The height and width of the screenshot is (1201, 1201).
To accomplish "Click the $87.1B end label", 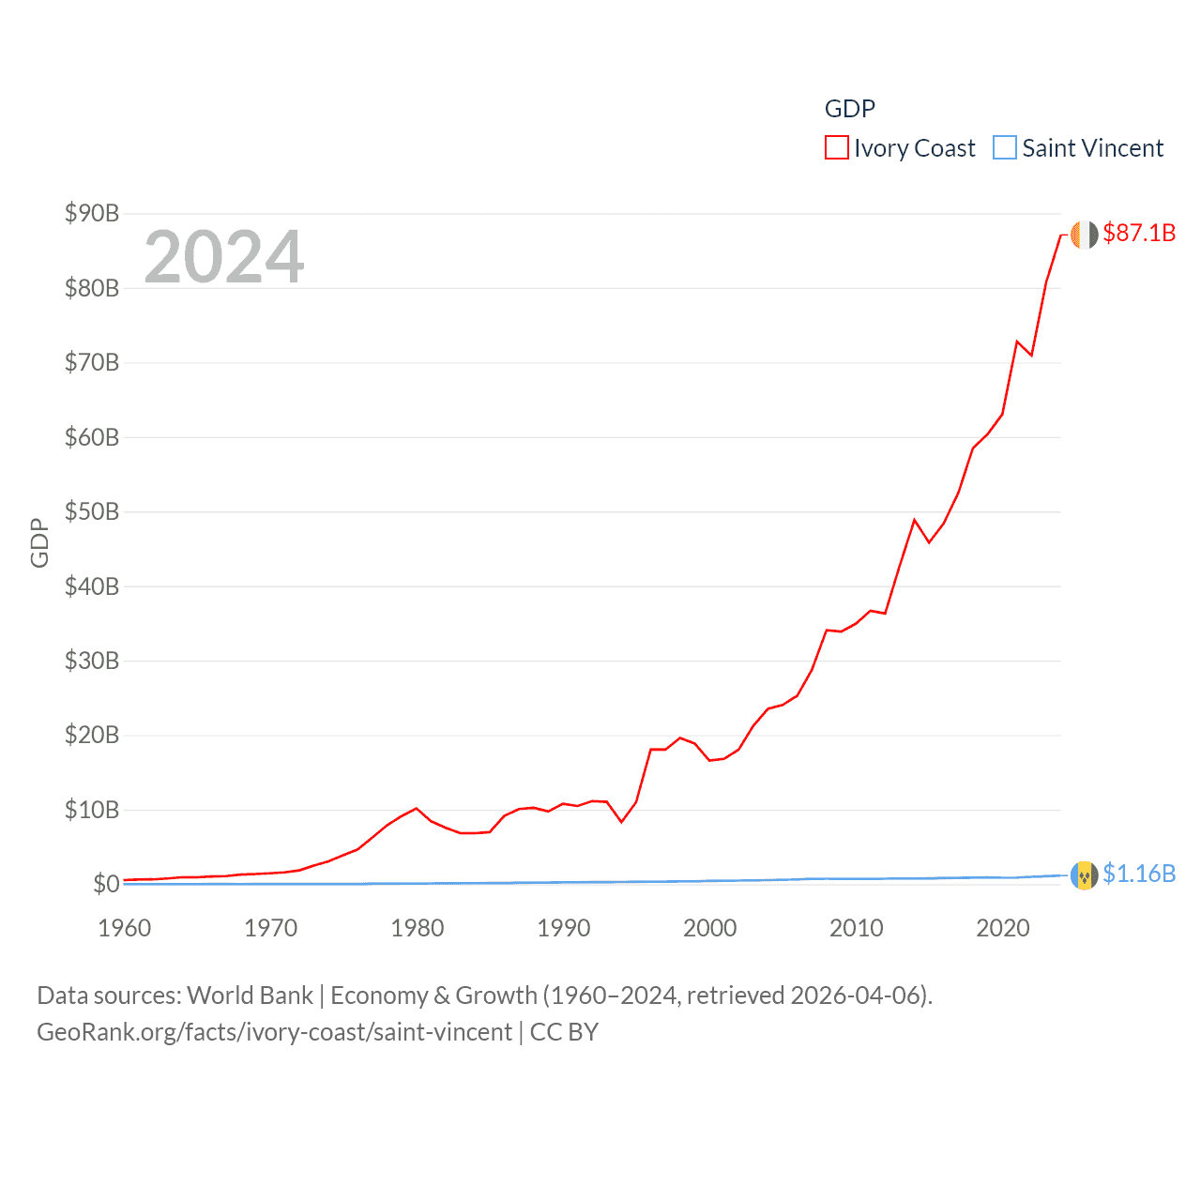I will pyautogui.click(x=1139, y=233).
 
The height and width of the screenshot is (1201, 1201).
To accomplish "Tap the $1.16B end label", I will pyautogui.click(x=1139, y=874).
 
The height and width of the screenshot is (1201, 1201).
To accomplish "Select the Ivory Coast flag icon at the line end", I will pyautogui.click(x=1084, y=235).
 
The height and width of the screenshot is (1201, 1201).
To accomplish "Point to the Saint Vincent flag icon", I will pyautogui.click(x=1084, y=875).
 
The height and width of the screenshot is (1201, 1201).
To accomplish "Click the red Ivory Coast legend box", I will pyautogui.click(x=836, y=148).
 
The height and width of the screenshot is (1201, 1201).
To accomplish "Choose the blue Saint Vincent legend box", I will pyautogui.click(x=1004, y=148).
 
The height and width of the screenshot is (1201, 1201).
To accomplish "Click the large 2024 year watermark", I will pyautogui.click(x=224, y=257).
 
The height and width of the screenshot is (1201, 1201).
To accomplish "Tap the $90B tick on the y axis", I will pyautogui.click(x=92, y=214).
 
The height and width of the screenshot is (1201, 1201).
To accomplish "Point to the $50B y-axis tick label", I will pyautogui.click(x=92, y=511).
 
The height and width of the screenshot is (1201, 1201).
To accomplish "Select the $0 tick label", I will pyautogui.click(x=106, y=884).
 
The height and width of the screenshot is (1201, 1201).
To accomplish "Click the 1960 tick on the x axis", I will pyautogui.click(x=125, y=928).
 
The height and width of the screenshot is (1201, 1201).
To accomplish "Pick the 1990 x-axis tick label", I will pyautogui.click(x=564, y=928).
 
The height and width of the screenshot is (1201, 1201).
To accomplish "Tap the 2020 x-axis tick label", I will pyautogui.click(x=1003, y=928).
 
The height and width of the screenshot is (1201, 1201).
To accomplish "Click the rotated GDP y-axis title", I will pyautogui.click(x=39, y=542).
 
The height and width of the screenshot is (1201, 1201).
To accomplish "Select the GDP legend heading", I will pyautogui.click(x=850, y=109).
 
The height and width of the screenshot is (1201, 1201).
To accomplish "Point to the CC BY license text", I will pyautogui.click(x=564, y=1032).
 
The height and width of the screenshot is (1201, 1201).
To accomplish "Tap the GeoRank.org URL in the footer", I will pyautogui.click(x=274, y=1032).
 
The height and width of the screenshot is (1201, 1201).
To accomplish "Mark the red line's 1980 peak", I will pyautogui.click(x=417, y=808).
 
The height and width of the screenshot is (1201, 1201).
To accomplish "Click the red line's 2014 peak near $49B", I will pyautogui.click(x=914, y=520).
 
